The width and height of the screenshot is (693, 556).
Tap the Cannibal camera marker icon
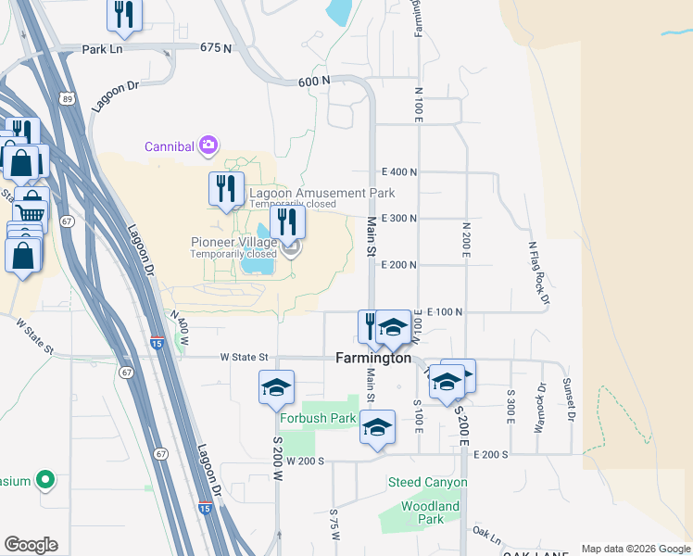pyautogui.click(x=209, y=145)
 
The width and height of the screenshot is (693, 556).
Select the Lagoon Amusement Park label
pyautogui.click(x=321, y=193)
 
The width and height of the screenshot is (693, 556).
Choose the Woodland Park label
pyautogui.click(x=430, y=512)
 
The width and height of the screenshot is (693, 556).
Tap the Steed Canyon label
pyautogui.click(x=427, y=483)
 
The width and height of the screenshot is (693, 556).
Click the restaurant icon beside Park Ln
pyautogui.click(x=123, y=14)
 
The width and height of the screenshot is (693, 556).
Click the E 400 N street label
pyautogui.click(x=399, y=172)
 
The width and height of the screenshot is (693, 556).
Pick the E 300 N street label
pyautogui.click(x=399, y=219)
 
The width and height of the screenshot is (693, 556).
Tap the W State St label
pyautogui.click(x=244, y=357)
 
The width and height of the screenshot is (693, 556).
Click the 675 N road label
pyautogui.click(x=215, y=46)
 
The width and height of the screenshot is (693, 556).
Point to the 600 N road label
pyautogui.click(x=313, y=82)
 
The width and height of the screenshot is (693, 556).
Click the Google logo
pyautogui.click(x=31, y=545)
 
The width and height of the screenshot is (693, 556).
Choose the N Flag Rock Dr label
pyautogui.click(x=538, y=272)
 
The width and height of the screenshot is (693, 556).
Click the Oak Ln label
pyautogui.click(x=485, y=537)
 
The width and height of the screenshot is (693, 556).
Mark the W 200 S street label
pyautogui.click(x=306, y=461)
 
